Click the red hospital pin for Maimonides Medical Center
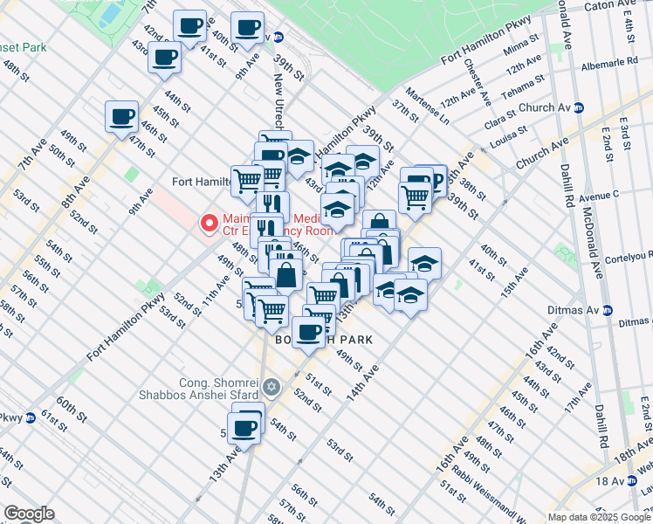209,224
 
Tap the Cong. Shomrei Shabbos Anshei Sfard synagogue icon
272,386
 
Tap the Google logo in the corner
28,514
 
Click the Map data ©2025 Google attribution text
598,517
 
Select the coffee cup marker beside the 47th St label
122,116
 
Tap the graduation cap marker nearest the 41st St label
424,263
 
